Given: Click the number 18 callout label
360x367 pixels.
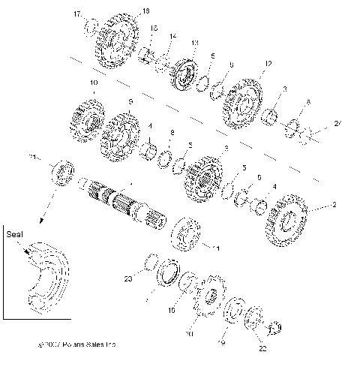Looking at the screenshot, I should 145,11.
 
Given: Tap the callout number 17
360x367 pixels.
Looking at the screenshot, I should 78,14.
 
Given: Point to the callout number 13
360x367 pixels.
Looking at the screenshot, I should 195,43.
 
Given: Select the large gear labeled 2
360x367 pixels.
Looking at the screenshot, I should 284,221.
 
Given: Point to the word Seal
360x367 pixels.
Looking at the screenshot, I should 14,233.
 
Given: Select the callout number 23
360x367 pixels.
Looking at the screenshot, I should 127,278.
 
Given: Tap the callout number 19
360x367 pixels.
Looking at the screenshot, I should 221,343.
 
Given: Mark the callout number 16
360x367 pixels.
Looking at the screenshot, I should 171,308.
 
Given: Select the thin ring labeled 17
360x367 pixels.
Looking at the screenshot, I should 90,29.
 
